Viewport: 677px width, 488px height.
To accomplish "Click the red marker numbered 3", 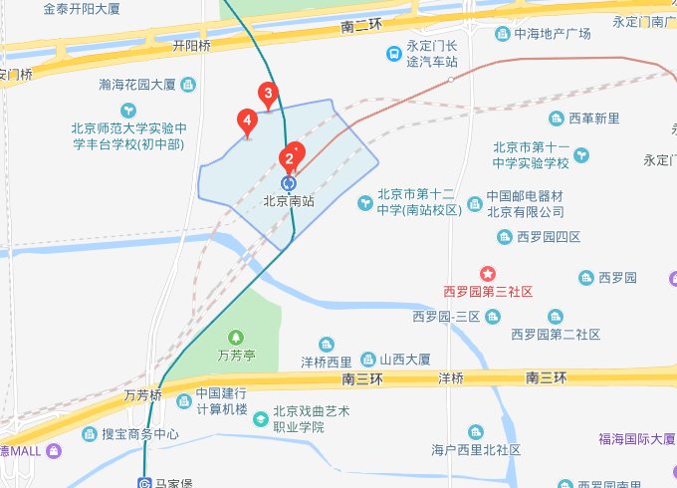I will point(267,95).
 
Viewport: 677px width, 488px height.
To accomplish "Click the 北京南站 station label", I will point(289,200).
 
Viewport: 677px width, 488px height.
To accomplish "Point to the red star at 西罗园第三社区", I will point(488,273).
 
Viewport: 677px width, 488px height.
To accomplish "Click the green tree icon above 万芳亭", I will point(236,337).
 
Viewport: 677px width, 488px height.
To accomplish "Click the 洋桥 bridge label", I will point(451,378).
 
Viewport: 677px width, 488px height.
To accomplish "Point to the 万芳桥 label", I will point(143,395).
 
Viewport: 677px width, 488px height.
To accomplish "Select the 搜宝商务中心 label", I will point(139,434).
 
